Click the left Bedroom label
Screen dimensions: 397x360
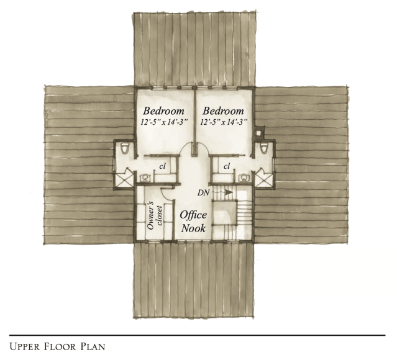coord(163,111)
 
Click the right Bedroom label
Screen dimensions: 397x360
coord(223,111)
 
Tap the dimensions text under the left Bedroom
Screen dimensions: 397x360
coord(164,122)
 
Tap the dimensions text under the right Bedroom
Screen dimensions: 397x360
coord(224,122)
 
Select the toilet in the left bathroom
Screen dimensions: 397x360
coord(125,148)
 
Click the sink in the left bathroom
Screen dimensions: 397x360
coord(145,178)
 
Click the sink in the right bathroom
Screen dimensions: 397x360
coord(244,178)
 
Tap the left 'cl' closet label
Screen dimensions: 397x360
coord(162,166)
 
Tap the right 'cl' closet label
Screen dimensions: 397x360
coord(227,166)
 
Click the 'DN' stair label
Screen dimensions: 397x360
coord(204,193)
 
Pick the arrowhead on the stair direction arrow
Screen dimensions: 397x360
coord(229,192)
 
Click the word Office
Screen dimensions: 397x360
coord(193,215)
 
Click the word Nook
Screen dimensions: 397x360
coord(193,228)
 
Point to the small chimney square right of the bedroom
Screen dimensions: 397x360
coord(258,133)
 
